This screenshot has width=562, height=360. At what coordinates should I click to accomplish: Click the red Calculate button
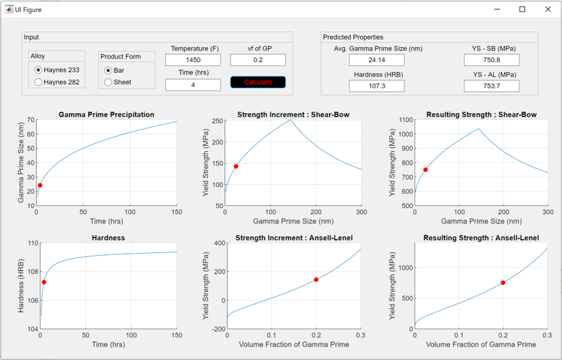258,82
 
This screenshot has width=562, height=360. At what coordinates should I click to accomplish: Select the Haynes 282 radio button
38,82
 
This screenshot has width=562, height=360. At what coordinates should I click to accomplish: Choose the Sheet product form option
108,82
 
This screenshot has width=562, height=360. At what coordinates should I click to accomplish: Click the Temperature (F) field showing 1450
193,60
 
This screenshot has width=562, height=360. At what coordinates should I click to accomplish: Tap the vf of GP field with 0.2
258,60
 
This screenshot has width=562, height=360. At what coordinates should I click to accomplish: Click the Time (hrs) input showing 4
193,85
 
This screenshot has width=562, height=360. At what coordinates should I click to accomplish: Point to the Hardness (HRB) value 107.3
376,86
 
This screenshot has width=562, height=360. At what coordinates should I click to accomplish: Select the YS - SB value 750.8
491,60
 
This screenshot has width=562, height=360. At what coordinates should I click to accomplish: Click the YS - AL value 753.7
491,86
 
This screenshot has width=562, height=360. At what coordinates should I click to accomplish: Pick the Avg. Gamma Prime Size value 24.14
376,60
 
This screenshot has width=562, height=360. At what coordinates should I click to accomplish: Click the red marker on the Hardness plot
44,282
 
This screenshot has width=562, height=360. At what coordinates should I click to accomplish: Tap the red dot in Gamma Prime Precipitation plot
40,185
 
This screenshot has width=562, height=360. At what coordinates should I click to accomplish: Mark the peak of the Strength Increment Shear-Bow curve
291,119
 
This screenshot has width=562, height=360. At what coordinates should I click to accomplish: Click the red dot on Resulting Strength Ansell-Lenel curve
503,283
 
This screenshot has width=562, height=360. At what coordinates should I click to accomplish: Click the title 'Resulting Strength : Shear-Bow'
482,115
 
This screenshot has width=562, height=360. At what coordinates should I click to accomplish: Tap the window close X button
548,10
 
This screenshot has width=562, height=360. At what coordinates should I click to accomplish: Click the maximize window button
522,10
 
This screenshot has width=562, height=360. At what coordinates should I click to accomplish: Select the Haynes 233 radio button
38,70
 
